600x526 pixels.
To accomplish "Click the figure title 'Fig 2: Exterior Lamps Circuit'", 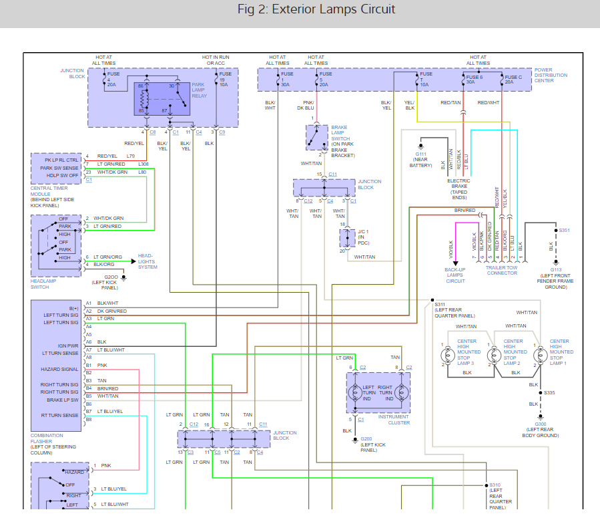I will point(317,9).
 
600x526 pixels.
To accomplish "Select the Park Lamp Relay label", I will point(198,90).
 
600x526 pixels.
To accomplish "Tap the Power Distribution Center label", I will point(551,76).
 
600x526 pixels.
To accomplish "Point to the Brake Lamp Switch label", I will point(343,141).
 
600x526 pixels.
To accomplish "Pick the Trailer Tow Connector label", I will point(502,270).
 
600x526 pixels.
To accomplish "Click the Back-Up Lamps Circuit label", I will point(455,275).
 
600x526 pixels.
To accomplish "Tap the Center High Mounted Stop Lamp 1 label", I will point(559,352).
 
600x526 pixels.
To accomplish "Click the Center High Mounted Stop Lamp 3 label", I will point(467,352).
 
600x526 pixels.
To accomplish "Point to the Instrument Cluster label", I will point(394,420).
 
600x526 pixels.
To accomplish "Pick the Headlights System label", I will point(148,261).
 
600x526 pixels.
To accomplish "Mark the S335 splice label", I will point(549,393).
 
